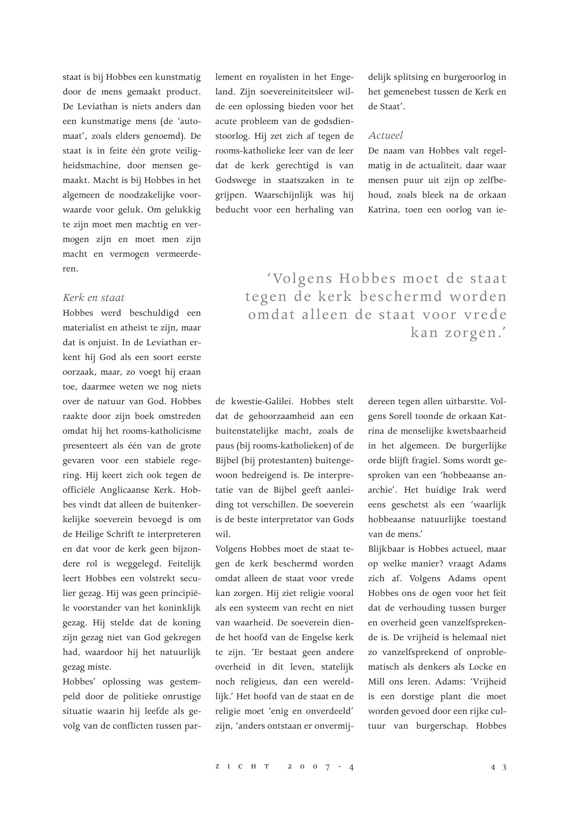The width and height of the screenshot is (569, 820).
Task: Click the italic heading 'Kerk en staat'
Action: [93, 298]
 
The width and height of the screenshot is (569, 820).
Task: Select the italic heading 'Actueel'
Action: [386, 135]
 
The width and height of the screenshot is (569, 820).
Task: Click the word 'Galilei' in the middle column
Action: [278, 402]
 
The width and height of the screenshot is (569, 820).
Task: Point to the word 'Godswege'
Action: [236, 180]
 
